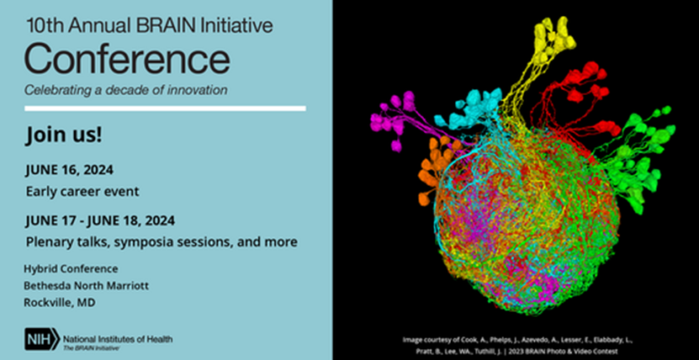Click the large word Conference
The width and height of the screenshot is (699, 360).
[128, 59]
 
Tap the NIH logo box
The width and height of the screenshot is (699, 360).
[42, 339]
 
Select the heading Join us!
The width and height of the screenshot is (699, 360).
[64, 135]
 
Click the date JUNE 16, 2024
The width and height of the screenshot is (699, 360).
[69, 170]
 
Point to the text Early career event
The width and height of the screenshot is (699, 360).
[82, 192]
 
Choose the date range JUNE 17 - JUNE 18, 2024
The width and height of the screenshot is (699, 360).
[100, 220]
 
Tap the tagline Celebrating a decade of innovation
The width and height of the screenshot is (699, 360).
[125, 91]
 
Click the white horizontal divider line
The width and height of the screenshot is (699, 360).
[165, 109]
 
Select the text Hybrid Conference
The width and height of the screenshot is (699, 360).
[71, 269]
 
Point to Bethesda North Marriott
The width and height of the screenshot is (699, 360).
[86, 286]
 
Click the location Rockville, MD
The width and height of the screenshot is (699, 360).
[59, 303]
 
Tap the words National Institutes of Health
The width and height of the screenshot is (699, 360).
[118, 339]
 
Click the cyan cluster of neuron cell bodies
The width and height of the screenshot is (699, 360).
[470, 109]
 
